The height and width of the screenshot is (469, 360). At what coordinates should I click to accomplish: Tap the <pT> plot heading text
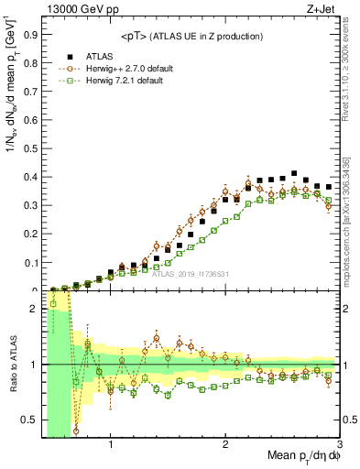(x=191, y=36)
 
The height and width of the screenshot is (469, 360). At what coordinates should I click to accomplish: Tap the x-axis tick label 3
(x=340, y=446)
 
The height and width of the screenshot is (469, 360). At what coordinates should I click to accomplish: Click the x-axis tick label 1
(x=111, y=446)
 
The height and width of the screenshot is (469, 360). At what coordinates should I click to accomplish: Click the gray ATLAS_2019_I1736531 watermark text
(x=190, y=273)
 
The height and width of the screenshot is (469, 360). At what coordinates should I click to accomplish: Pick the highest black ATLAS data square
(x=294, y=173)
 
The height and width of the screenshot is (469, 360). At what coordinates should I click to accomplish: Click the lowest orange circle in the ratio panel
(x=76, y=431)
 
